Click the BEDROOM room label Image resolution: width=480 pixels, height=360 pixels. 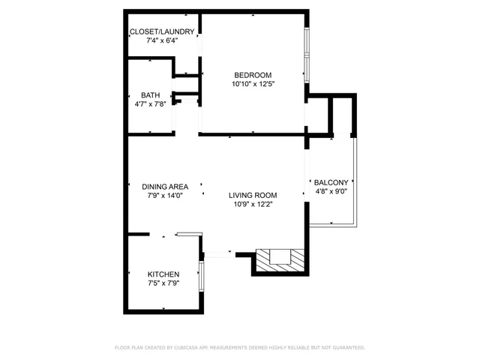tap(252, 74)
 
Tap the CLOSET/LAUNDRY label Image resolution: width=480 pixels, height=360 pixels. tap(162, 31)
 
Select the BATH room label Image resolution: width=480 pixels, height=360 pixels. tap(150, 94)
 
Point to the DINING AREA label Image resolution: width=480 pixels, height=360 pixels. tap(165, 186)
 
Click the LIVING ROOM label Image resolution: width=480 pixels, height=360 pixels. tap(253, 195)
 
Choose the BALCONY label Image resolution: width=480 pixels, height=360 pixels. tap(330, 182)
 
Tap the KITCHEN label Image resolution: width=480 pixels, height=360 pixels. tap(163, 274)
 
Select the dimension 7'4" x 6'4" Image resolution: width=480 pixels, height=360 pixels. tap(162, 40)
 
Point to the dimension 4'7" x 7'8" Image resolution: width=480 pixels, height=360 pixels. tap(150, 103)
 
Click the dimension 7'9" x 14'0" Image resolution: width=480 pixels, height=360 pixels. tap(165, 195)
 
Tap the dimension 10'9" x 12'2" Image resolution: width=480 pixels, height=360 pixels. tap(253, 204)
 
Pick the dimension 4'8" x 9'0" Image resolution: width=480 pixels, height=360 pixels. tap(330, 191)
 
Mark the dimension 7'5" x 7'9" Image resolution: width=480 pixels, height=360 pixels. tap(163, 283)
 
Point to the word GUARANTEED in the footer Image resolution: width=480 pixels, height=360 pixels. tap(346, 348)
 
